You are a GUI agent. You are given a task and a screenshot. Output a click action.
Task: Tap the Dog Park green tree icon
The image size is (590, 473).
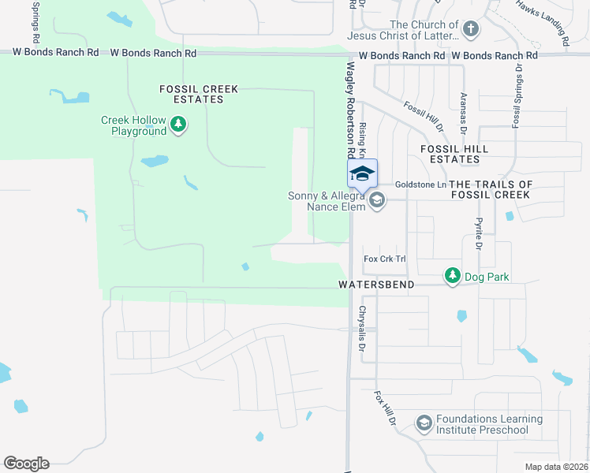[x=452, y=275]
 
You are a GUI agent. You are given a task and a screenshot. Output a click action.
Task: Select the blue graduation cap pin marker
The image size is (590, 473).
[x=362, y=174]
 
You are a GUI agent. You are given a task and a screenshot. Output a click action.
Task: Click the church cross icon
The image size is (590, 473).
[x=470, y=30]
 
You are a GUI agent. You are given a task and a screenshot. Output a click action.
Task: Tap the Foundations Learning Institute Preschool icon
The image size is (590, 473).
[x=424, y=423]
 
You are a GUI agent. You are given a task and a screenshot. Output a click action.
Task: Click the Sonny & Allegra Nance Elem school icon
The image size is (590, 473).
[x=376, y=200]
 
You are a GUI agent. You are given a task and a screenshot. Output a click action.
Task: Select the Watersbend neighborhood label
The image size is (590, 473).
[x=376, y=284]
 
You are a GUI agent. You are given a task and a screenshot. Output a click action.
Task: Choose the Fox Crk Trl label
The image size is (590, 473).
[x=384, y=259]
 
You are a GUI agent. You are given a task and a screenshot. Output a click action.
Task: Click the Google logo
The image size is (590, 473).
[x=26, y=464]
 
